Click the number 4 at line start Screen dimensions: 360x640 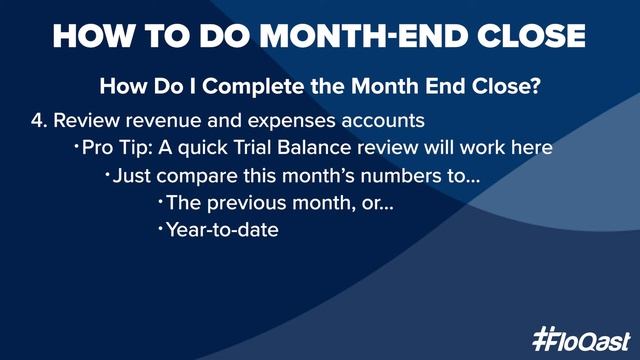tap(37, 121)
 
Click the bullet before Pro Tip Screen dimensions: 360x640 tap(75, 148)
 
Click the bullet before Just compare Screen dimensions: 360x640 tap(108, 175)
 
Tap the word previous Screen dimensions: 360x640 tap(237, 202)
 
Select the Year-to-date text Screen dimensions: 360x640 tap(222, 229)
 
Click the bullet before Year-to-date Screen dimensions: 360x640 tap(160, 229)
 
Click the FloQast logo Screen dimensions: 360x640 tap(580, 336)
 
